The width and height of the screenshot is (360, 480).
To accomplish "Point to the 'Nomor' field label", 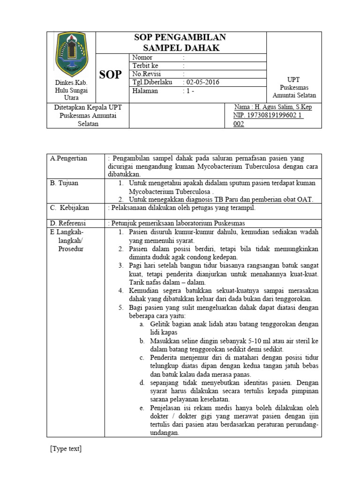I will pyautogui.click(x=142, y=58).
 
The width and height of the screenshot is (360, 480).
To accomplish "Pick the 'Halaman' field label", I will pyautogui.click(x=145, y=91).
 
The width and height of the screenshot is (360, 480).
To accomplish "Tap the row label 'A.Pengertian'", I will pyautogui.click(x=69, y=158).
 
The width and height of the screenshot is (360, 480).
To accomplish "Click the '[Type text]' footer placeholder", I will pyautogui.click(x=66, y=449).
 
